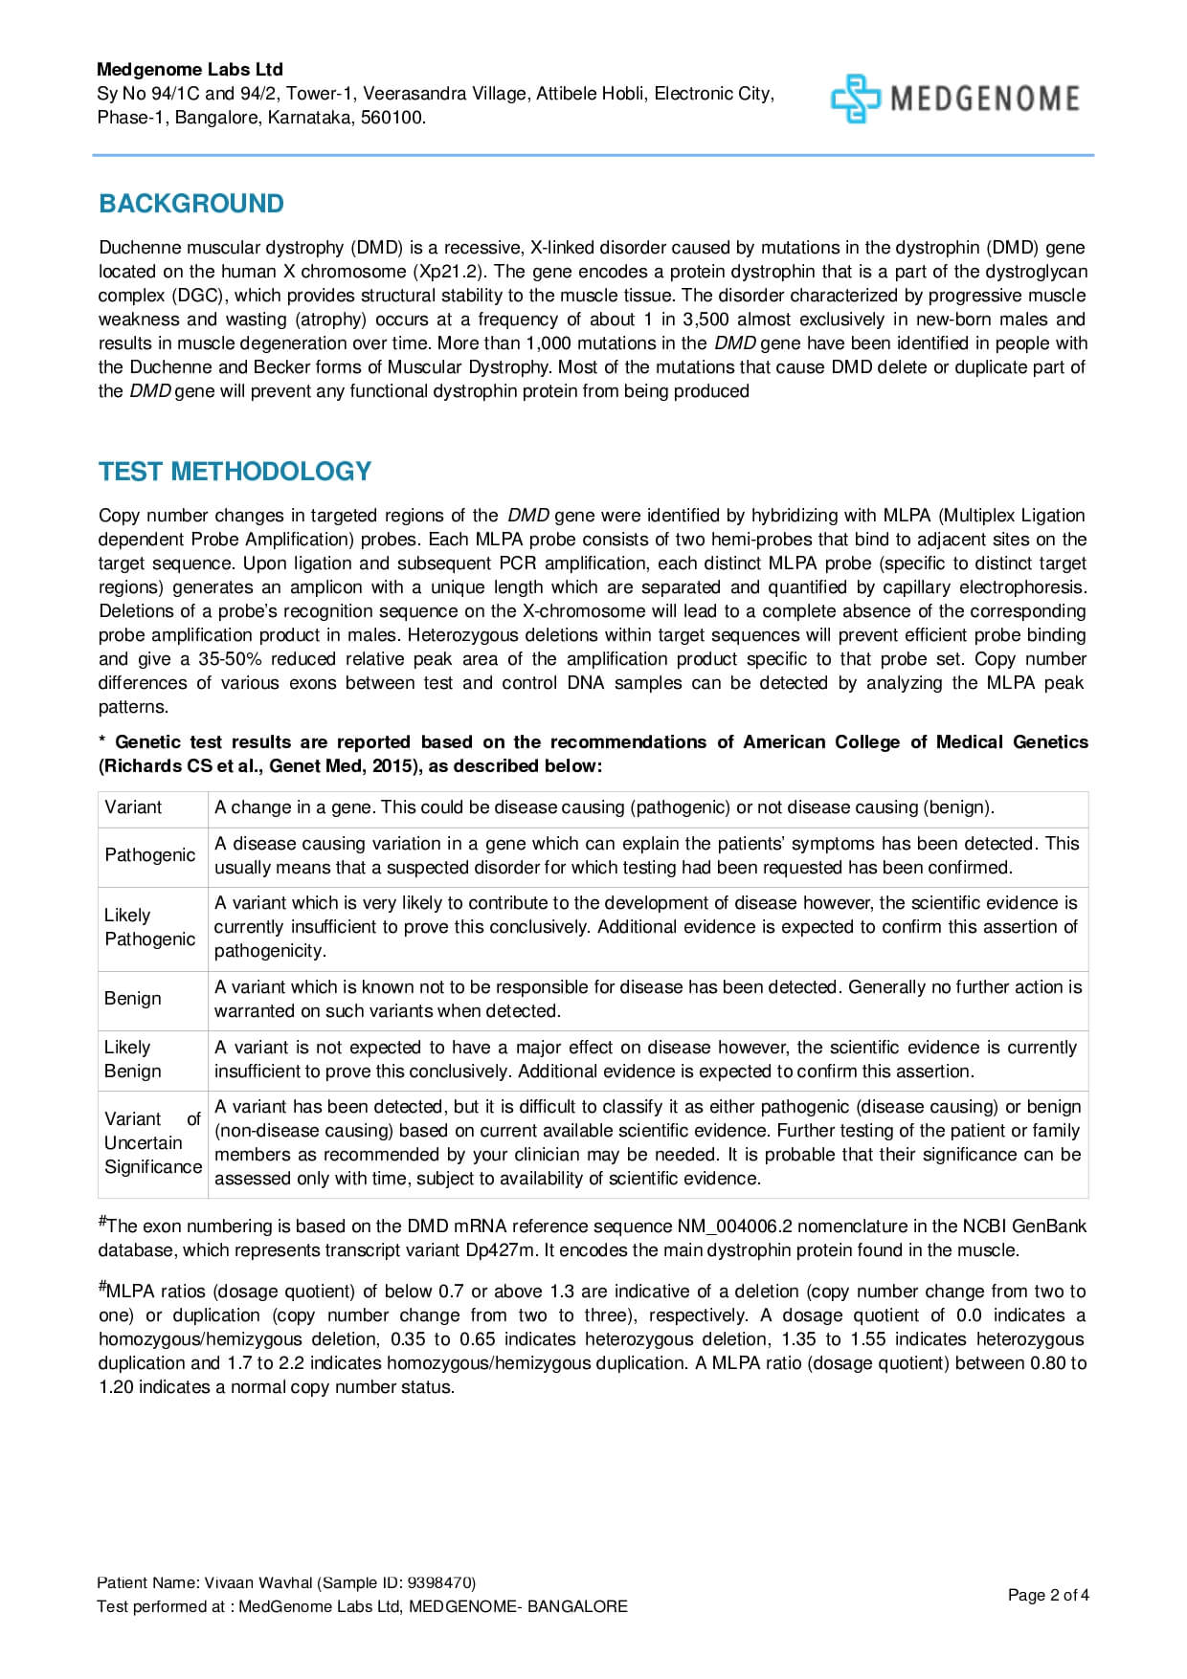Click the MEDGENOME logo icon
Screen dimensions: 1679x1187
point(854,99)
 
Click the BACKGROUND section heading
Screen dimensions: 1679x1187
point(191,204)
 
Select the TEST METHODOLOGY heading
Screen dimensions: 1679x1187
point(235,472)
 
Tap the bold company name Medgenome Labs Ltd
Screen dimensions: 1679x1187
point(190,70)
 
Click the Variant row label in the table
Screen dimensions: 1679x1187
point(133,807)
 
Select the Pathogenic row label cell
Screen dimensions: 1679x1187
point(150,855)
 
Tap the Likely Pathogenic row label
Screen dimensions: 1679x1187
point(150,927)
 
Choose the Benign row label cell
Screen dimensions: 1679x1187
point(133,999)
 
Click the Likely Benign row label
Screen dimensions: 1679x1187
point(133,1059)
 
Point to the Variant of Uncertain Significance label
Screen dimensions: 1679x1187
point(152,1143)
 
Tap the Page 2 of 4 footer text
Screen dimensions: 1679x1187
point(1048,1595)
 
